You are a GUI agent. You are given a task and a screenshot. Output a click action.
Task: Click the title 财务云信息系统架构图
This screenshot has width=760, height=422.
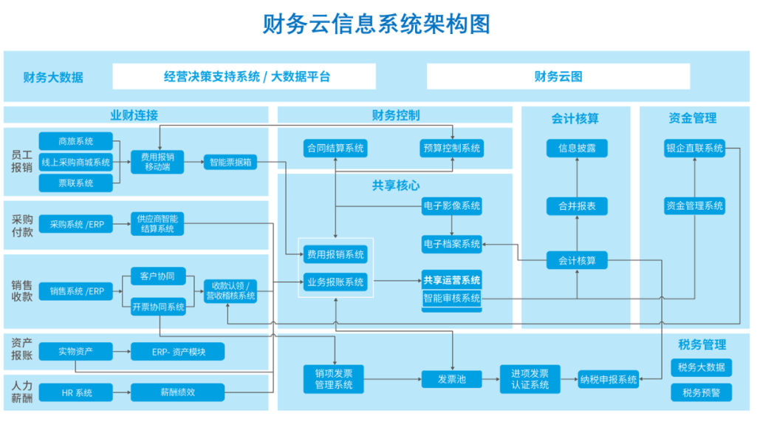pyautogui.click(x=377, y=24)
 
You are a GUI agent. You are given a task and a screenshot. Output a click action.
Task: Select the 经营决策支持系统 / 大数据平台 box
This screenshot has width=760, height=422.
pyautogui.click(x=244, y=76)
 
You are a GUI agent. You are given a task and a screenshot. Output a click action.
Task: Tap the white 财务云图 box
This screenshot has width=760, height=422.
pyautogui.click(x=558, y=76)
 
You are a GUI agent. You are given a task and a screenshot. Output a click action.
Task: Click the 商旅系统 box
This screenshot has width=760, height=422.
pyautogui.click(x=75, y=141)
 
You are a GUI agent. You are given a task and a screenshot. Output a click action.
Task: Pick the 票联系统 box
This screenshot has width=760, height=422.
pyautogui.click(x=75, y=183)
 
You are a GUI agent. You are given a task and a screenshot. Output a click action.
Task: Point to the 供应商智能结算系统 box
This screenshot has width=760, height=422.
pyautogui.click(x=157, y=224)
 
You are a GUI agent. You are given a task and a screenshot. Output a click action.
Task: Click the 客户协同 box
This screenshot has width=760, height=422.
pyautogui.click(x=157, y=276)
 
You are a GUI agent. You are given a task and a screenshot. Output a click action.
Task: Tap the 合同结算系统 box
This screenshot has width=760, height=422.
pyautogui.click(x=335, y=148)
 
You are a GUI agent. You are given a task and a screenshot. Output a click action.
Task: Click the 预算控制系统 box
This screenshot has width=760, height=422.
pyautogui.click(x=451, y=148)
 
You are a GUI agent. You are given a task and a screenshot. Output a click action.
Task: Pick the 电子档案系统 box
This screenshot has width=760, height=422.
pyautogui.click(x=451, y=243)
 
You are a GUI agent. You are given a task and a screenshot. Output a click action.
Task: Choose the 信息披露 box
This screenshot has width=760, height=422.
pyautogui.click(x=577, y=148)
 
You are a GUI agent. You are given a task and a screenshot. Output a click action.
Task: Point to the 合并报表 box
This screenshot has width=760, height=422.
pyautogui.click(x=577, y=206)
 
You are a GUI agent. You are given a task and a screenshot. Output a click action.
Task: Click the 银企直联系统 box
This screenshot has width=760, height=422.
pyautogui.click(x=694, y=148)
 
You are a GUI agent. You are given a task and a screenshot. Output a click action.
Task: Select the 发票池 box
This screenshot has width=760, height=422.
pyautogui.click(x=451, y=379)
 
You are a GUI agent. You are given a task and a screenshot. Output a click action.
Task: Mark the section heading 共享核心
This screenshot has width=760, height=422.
pyautogui.click(x=395, y=186)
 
